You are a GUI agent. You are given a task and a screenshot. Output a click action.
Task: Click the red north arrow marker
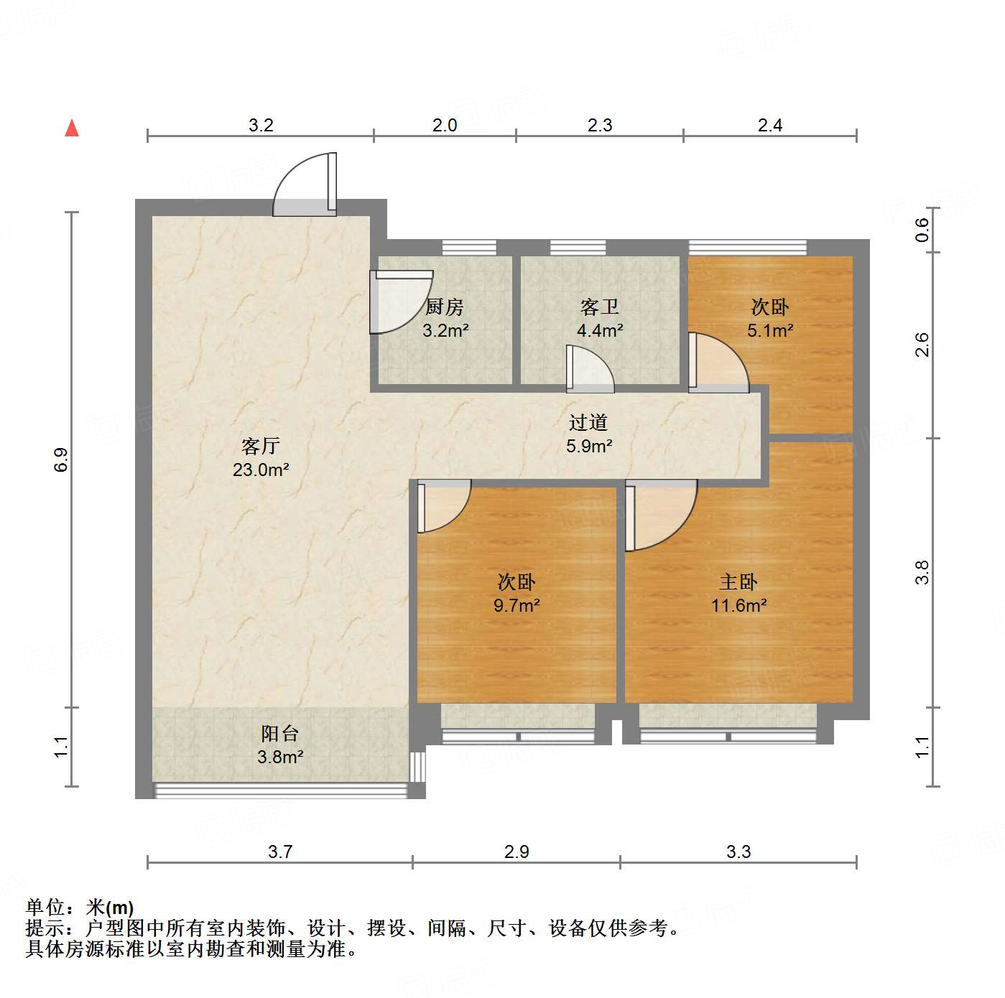(x=72, y=128)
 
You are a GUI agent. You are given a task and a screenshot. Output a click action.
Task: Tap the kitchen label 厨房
(x=445, y=307)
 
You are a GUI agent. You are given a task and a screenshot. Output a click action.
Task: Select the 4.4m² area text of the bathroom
(x=600, y=331)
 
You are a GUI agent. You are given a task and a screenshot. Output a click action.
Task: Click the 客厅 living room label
(x=260, y=446)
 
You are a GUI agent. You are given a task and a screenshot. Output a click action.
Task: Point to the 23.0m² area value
(x=261, y=470)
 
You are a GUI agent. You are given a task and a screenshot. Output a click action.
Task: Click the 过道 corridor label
(x=588, y=423)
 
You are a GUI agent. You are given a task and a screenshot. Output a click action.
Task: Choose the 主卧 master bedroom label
(x=738, y=582)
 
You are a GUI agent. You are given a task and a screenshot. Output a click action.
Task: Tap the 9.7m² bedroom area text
(x=517, y=605)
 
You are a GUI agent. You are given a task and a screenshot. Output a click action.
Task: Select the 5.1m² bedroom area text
(x=770, y=331)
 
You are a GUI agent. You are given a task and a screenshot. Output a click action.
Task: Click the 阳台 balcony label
(x=279, y=733)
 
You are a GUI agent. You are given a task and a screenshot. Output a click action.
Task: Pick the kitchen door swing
(x=399, y=302)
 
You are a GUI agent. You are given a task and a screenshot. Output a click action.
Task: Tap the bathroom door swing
(x=589, y=369)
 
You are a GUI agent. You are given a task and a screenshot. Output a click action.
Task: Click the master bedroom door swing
(x=659, y=513)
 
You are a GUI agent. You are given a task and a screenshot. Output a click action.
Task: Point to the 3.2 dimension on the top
(x=261, y=126)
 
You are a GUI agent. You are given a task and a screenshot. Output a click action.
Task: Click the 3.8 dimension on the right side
(x=922, y=572)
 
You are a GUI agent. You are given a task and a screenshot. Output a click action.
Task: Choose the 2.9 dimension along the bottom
(x=517, y=852)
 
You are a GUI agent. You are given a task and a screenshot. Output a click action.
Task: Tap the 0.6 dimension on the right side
(x=922, y=230)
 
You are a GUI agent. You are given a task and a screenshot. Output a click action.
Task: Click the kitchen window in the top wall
(x=469, y=248)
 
